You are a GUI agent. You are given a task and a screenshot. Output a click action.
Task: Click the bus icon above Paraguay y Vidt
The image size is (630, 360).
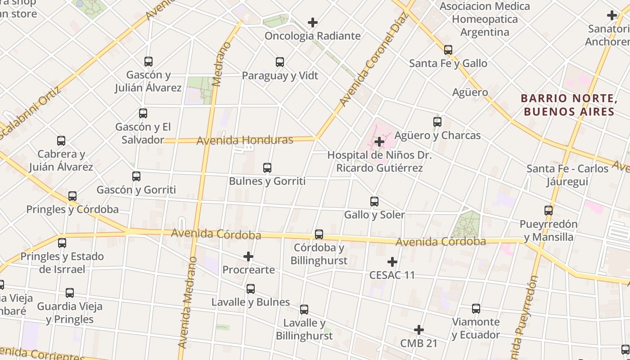(280, 62)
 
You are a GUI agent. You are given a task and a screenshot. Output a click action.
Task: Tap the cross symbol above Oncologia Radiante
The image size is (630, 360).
(312, 22)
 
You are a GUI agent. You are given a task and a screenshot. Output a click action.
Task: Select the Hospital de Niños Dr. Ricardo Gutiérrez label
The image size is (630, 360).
(379, 162)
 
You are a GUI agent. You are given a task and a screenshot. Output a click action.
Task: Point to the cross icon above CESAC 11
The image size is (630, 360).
(392, 261)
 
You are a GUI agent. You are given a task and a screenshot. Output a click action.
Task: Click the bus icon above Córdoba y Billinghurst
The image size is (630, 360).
(319, 234)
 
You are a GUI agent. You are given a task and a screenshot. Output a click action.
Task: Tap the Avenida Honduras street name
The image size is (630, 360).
(245, 140)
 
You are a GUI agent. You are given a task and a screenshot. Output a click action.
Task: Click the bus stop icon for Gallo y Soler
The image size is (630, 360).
(374, 202)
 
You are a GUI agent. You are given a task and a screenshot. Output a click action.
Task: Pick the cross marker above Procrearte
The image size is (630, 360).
(248, 256)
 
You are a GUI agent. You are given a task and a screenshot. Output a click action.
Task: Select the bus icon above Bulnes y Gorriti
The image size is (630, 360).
(267, 168)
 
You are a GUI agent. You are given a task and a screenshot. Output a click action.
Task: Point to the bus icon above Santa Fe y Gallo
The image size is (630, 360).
(448, 50)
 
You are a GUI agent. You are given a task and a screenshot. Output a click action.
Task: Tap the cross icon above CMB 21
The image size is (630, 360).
(419, 330)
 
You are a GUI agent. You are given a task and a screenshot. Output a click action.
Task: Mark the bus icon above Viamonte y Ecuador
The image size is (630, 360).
(476, 309)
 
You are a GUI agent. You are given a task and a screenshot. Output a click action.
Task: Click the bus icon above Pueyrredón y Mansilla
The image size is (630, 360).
(549, 211)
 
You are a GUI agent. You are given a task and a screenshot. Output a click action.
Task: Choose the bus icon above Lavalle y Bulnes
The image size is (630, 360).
(251, 289)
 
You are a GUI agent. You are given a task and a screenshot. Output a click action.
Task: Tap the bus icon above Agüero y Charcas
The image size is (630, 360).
(437, 122)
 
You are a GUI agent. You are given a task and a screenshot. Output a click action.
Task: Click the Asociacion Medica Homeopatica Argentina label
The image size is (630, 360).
(485, 19)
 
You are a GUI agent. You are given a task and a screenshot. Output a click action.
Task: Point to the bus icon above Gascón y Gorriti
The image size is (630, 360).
(136, 176)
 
